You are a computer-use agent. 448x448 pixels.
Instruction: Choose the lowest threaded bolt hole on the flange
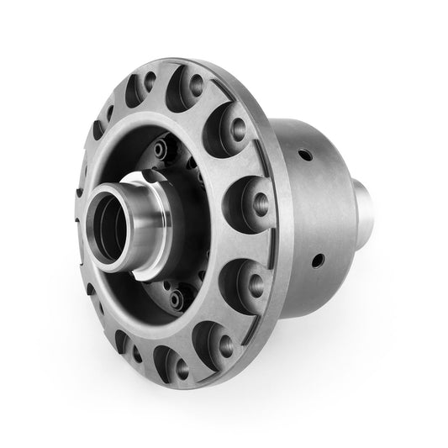click(x=180, y=365)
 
